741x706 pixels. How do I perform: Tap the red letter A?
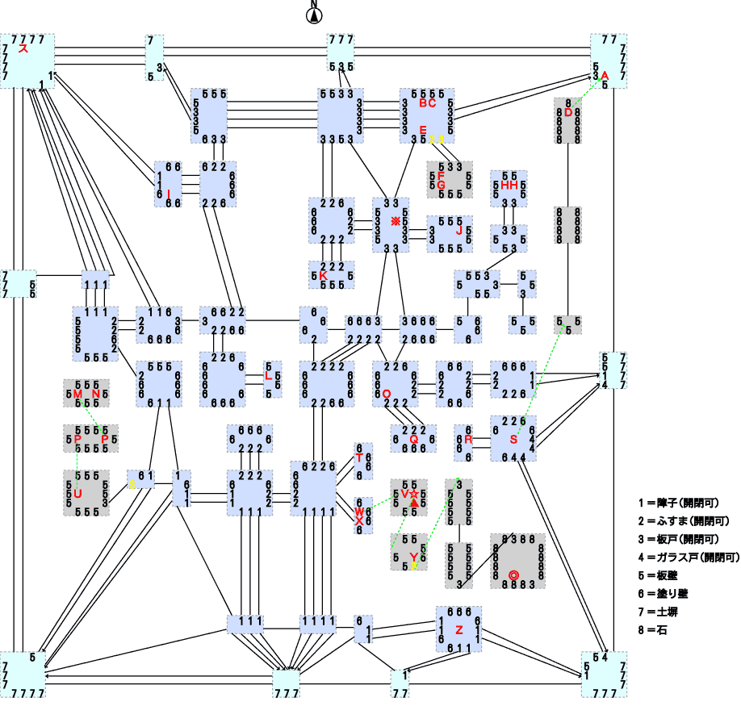click(x=604, y=75)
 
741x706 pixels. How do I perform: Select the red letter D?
click(x=568, y=112)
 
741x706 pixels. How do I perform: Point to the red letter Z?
click(x=458, y=629)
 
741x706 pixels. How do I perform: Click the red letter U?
click(x=77, y=493)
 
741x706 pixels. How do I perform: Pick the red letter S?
click(x=513, y=439)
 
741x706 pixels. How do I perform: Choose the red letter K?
click(x=323, y=275)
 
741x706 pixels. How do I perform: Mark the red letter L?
click(x=268, y=375)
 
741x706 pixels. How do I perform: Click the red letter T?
click(x=360, y=457)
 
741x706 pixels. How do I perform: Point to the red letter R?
click(x=468, y=439)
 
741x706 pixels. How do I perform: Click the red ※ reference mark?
click(x=396, y=221)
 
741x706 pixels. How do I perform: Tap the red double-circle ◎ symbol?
click(x=513, y=574)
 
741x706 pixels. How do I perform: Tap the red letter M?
click(x=77, y=394)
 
